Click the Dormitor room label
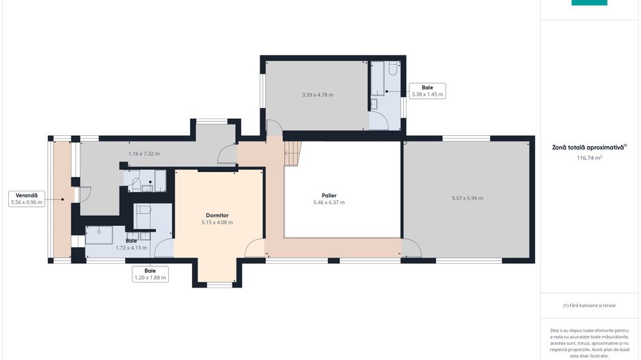[x=217, y=215]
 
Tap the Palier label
[x=329, y=195]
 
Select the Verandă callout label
[x=27, y=199]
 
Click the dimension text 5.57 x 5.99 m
[x=467, y=198]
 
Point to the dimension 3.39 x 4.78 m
[x=318, y=95]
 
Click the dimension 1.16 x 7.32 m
[x=144, y=154]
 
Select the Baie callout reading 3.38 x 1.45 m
[x=427, y=91]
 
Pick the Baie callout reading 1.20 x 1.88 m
[x=150, y=274]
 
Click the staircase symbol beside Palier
[x=292, y=154]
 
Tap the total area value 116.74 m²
[x=589, y=158]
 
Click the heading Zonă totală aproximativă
[x=589, y=147]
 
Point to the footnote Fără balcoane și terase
[x=589, y=305]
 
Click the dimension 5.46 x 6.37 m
[x=329, y=202]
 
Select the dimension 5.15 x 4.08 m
[x=217, y=222]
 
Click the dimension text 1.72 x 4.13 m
[x=131, y=247]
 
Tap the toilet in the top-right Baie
[x=393, y=68]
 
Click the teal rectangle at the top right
[x=589, y=3]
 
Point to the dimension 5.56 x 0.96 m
[x=27, y=202]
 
